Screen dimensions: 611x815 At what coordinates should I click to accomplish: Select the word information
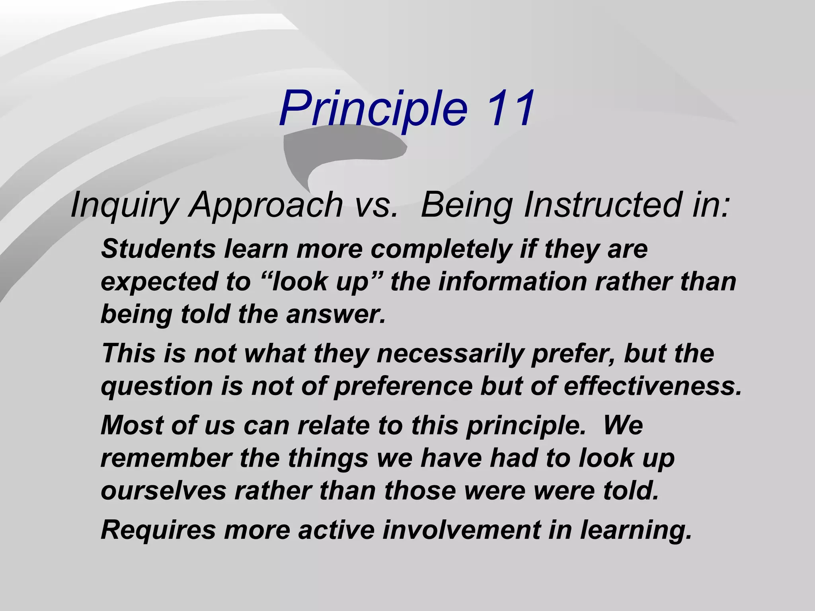pos(513,282)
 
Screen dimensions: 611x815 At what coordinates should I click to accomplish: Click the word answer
pos(336,315)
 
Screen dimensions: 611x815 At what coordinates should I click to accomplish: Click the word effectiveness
pos(653,386)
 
